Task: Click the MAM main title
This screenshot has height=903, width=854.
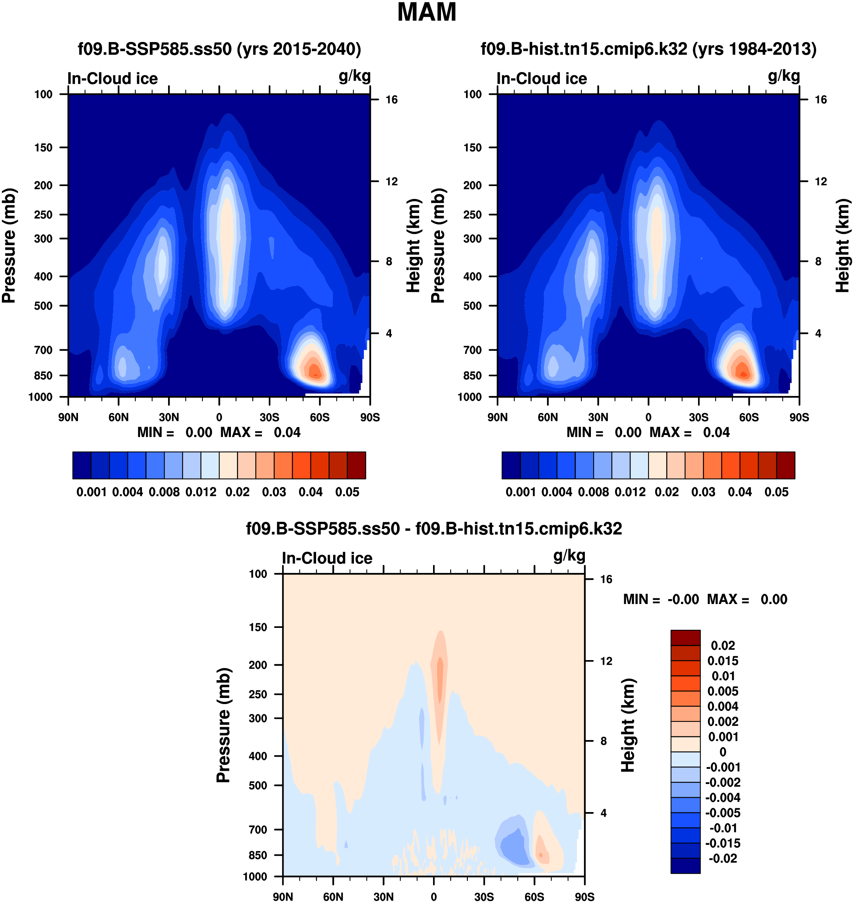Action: pyautogui.click(x=427, y=12)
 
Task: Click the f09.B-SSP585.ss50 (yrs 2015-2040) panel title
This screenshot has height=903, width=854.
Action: pyautogui.click(x=220, y=49)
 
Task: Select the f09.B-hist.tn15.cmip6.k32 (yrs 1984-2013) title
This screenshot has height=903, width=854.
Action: pyautogui.click(x=648, y=49)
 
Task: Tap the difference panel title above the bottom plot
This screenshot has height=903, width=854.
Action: pyautogui.click(x=433, y=529)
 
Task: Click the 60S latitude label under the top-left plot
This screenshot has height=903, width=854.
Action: pyautogui.click(x=319, y=417)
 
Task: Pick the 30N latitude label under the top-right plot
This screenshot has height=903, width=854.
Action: pyautogui.click(x=598, y=417)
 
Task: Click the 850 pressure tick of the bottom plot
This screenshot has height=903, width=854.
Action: pyautogui.click(x=258, y=855)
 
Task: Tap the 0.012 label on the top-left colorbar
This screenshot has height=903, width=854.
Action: pyautogui.click(x=201, y=492)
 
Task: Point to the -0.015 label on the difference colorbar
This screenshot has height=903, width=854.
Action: pyautogui.click(x=723, y=843)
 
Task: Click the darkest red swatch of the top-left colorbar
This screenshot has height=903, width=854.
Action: pyautogui.click(x=357, y=465)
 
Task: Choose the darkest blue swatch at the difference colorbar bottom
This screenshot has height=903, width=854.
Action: pyautogui.click(x=685, y=865)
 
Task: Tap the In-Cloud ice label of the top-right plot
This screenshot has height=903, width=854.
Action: pyautogui.click(x=542, y=78)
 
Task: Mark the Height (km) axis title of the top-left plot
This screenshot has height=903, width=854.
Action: pyautogui.click(x=413, y=246)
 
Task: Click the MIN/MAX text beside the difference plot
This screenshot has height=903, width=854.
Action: pyautogui.click(x=705, y=599)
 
